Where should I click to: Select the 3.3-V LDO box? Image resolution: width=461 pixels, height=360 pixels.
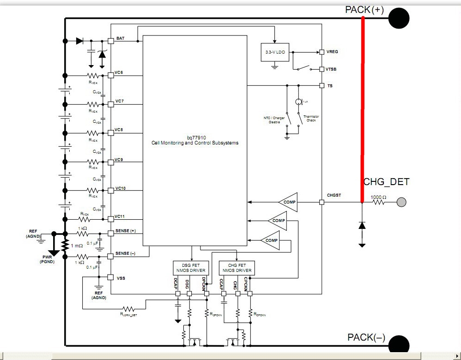coord(274,53)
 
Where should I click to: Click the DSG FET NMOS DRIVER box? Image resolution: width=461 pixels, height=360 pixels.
coord(189,267)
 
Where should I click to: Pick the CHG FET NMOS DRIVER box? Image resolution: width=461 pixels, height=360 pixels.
coord(236,267)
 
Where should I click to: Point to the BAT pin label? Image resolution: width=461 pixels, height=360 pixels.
coord(120,38)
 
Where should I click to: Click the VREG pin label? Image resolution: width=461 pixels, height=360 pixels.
coord(332,52)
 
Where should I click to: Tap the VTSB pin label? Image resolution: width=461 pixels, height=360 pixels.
coord(332,69)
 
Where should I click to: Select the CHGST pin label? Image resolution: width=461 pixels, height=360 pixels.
coord(334,195)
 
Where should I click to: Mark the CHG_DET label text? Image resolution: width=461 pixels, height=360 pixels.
coord(386,182)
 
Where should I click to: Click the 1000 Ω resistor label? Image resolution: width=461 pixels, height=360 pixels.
coord(378,198)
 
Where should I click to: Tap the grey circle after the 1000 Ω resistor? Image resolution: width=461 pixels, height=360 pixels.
coord(401,202)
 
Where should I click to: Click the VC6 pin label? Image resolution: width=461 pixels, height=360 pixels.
coord(119,72)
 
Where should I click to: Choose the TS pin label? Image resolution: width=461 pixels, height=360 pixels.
coord(330,86)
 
